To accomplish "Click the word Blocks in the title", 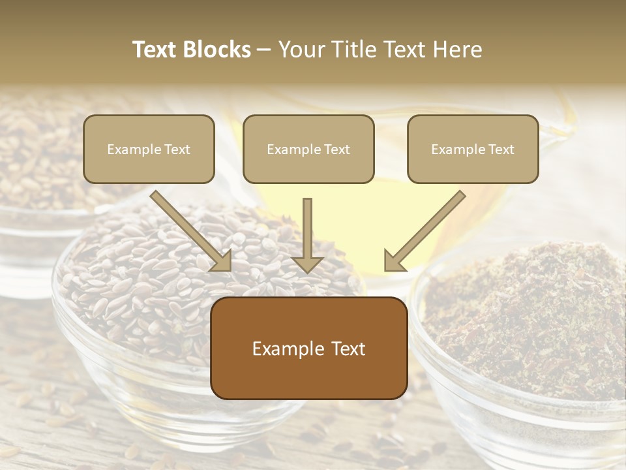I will (219, 50).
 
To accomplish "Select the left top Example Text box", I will (149, 149).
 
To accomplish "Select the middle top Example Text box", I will (308, 149).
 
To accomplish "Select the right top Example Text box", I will (473, 149).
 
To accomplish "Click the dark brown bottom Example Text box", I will (308, 348).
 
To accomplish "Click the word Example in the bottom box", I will (285, 349).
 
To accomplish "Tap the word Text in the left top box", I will (177, 149).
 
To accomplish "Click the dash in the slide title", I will (264, 50).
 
